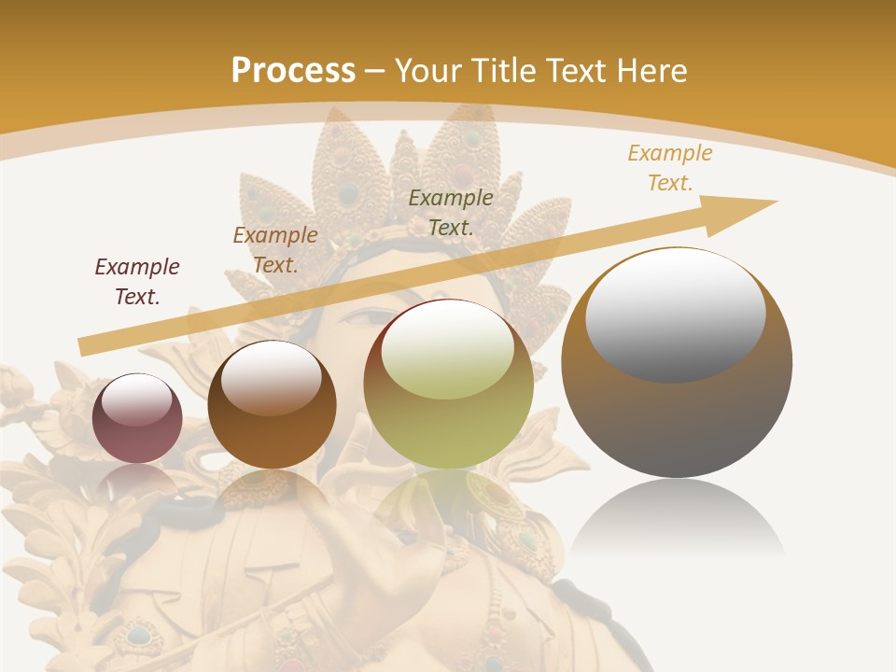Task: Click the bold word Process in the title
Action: click(293, 71)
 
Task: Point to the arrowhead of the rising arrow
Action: click(747, 207)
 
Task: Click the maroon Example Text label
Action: click(137, 282)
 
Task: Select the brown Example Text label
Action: click(275, 250)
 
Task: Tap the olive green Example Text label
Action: click(451, 212)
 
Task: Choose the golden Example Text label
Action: click(670, 168)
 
